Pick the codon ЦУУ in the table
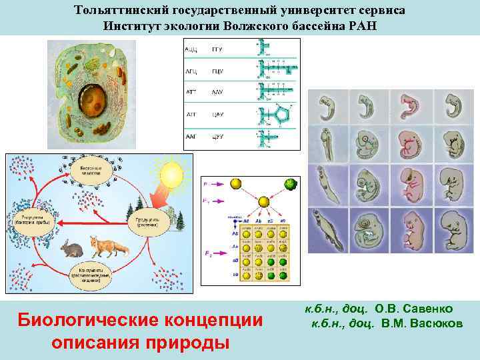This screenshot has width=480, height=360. [217, 136]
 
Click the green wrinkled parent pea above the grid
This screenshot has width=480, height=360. [289, 184]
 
